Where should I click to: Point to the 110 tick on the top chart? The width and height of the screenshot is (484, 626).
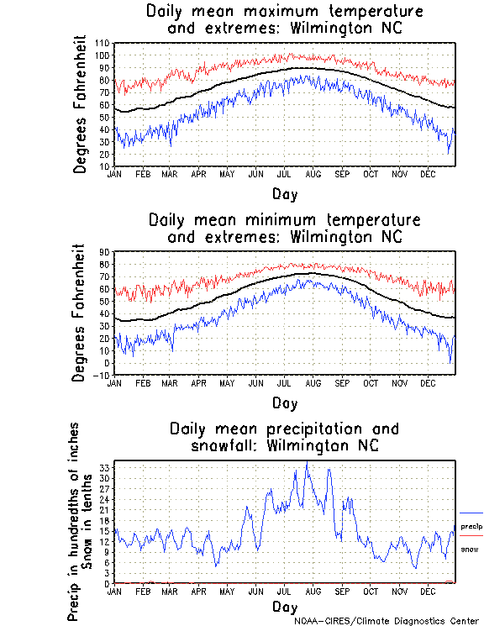tap(102, 43)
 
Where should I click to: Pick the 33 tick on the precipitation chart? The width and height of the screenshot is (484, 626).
tap(104, 466)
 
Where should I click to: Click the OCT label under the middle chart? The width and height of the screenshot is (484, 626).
tap(371, 383)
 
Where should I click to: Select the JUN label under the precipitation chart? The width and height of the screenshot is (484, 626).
tap(255, 592)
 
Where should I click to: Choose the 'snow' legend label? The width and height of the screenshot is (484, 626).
tap(469, 549)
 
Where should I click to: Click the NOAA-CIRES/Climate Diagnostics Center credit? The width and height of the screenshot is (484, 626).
tap(387, 620)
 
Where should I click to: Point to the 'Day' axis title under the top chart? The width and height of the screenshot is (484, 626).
tap(284, 193)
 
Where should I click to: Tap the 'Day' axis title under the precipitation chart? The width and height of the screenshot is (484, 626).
tap(284, 606)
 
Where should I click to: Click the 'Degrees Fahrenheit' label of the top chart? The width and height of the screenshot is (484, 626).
tap(80, 104)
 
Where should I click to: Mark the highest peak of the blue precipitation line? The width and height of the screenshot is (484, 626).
tap(307, 461)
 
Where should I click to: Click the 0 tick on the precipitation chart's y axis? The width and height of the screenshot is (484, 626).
tap(107, 583)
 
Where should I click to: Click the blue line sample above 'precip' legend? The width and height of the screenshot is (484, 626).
tap(471, 513)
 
